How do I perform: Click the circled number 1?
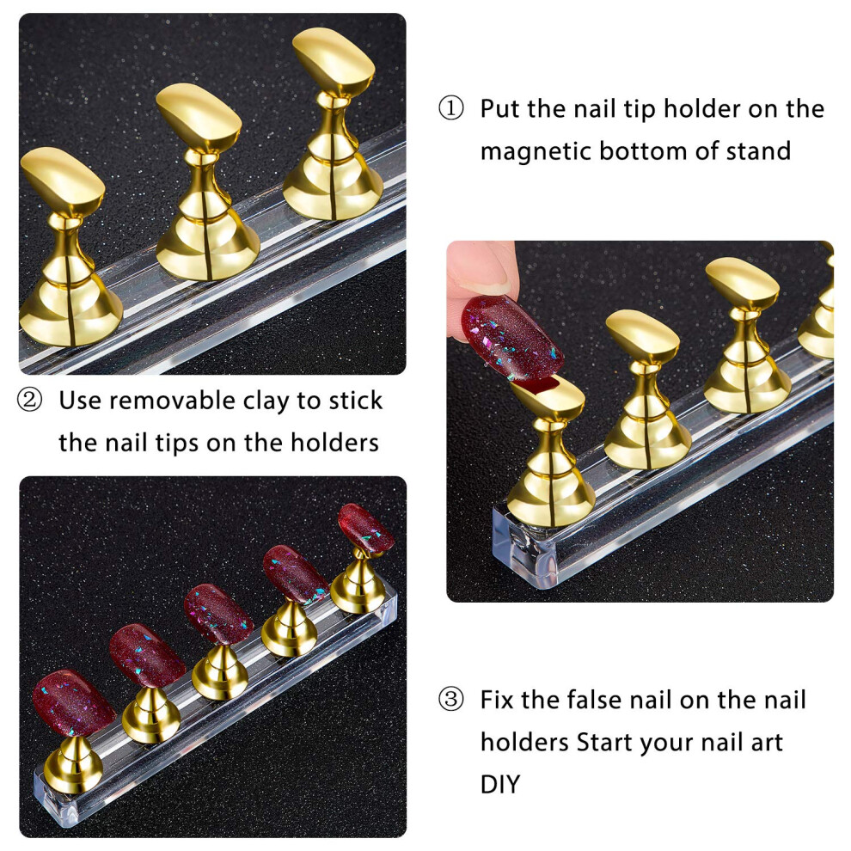tap(451, 108)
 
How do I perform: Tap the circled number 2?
tap(29, 400)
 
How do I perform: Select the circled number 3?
tap(451, 699)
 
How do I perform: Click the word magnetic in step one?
tap(536, 151)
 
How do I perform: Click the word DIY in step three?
tap(500, 784)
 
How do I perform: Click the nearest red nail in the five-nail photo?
tap(73, 703)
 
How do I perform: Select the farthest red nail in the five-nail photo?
tap(366, 528)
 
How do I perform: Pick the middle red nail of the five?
tap(218, 613)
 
